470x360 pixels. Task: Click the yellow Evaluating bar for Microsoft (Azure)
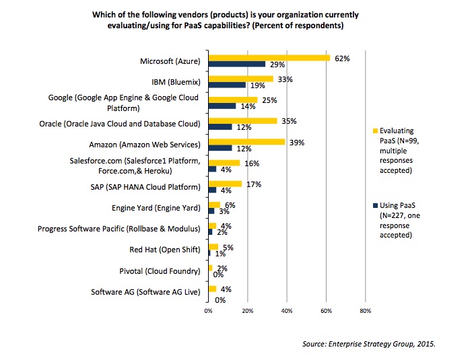click(269, 59)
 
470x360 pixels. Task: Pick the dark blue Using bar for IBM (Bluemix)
click(227, 85)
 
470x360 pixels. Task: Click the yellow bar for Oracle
click(243, 120)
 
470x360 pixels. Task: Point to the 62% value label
click(341, 59)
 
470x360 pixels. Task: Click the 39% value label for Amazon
click(296, 141)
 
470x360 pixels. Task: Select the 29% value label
click(277, 65)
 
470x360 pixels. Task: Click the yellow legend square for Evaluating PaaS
click(375, 131)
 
